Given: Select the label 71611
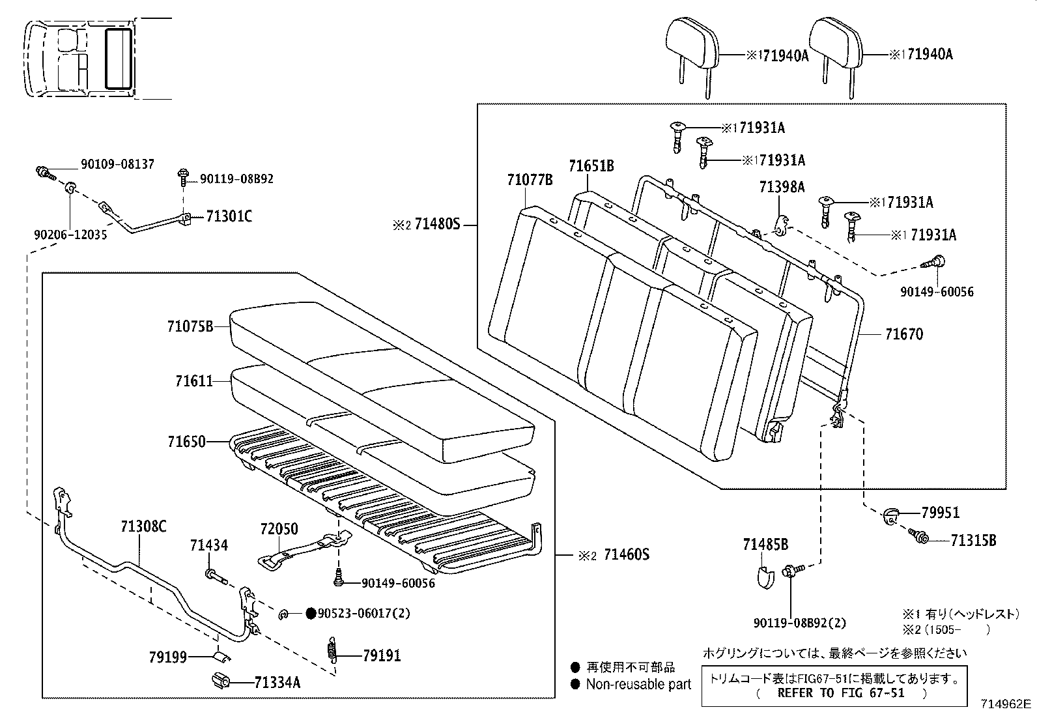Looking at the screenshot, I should point(193,380).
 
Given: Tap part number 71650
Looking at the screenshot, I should point(186,442).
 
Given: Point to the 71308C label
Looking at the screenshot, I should point(143,526).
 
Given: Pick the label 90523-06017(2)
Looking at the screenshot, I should point(363,613).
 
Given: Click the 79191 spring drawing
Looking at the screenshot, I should point(332,651).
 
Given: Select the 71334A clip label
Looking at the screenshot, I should point(277,682).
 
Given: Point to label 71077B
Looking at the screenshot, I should point(530,180).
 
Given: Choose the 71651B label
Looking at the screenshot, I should point(591,166).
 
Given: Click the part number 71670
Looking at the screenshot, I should point(903,334).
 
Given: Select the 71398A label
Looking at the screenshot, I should point(782,188).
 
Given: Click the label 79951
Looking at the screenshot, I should point(940,513).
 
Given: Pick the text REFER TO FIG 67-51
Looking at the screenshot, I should point(841,693).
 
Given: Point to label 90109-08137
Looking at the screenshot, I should point(117,164).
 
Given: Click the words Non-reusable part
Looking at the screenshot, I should point(638,684).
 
